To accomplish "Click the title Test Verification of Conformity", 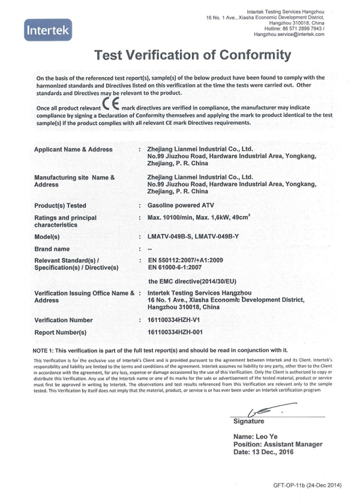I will (193, 56).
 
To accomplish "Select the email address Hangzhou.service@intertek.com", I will (289, 34).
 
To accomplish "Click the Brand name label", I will (60, 248).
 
